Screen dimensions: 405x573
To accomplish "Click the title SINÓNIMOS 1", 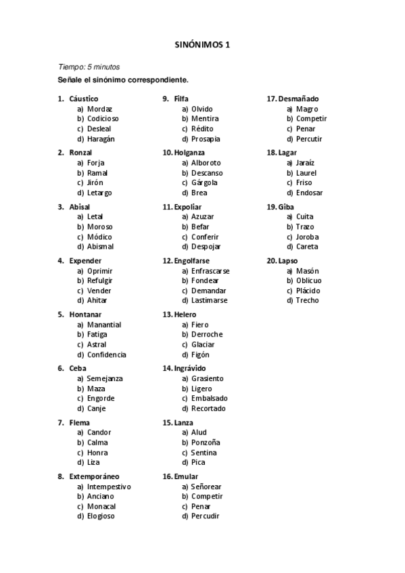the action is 202,45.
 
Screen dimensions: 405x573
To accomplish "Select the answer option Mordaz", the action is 99,109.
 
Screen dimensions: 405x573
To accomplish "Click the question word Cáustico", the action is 83,99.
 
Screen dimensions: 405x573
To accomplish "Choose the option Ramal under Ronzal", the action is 97,173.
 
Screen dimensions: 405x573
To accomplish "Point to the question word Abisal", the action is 79,207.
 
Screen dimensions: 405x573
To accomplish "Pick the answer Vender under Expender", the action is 99,291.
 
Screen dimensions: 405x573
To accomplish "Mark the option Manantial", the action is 104,325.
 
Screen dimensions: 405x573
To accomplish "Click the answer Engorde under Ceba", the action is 101,399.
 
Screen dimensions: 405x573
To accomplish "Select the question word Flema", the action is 79,423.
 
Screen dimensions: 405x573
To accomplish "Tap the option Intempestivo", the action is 109,487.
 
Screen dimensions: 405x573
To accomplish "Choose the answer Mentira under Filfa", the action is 205,119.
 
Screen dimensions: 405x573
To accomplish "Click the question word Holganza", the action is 189,153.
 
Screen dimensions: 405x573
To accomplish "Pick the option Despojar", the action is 206,247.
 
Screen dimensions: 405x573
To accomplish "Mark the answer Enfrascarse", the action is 210,271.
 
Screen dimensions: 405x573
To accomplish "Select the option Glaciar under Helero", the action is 204,345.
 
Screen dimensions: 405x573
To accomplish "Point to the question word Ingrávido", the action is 189,368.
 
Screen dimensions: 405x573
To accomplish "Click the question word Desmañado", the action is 297,99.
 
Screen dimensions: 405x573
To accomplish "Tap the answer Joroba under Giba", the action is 307,237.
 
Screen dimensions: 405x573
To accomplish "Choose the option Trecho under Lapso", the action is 308,301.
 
